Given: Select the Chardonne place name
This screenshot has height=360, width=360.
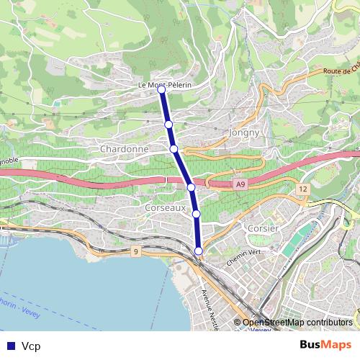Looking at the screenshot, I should tap(125, 149).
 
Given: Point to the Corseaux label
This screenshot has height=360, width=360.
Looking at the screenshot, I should tap(165, 207).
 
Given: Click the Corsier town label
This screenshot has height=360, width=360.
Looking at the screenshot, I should tap(257, 228).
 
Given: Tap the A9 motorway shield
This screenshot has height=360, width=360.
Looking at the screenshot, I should tap(240, 185).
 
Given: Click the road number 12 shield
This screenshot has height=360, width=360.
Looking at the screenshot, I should tap(302, 189).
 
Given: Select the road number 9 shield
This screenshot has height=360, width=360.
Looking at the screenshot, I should tap(135, 251).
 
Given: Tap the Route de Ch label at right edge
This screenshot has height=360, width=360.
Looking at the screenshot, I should tap(341, 71).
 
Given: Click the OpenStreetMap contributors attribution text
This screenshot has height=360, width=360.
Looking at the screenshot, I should tap(297, 323).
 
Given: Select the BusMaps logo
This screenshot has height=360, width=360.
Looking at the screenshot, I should tap(325, 345).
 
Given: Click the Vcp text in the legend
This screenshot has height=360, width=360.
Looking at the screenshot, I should tap(31, 346).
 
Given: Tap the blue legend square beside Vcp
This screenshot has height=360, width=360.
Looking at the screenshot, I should tap(10, 346).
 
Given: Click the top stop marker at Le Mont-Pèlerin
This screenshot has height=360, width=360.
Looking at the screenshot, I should tap(162, 90).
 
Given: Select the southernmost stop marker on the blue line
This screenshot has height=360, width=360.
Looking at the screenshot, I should tap(199, 250).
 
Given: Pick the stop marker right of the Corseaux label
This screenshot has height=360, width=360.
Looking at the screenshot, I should tap(196, 213).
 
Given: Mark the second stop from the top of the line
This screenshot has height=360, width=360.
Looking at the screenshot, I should tap(168, 125).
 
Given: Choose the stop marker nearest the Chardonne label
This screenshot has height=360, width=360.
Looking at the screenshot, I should tap(174, 148).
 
